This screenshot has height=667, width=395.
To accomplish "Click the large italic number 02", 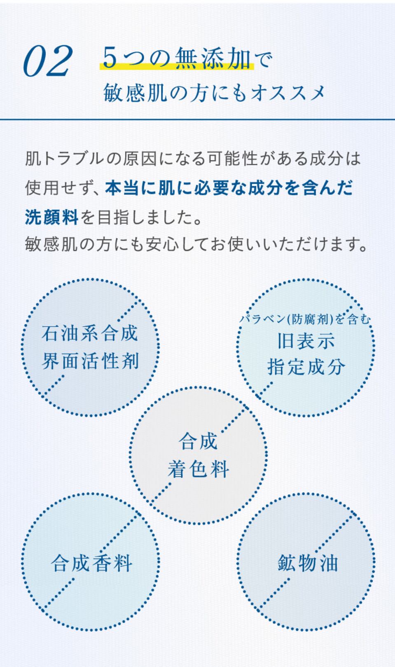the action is click(48, 61).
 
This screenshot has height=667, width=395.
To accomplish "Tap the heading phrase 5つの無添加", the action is click(177, 58).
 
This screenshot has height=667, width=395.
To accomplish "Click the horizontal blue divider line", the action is click(197, 120).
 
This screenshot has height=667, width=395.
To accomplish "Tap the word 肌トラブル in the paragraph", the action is click(64, 159).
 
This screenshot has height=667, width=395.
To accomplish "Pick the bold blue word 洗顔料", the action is click(51, 217).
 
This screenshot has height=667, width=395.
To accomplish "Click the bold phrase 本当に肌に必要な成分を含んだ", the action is click(229, 188).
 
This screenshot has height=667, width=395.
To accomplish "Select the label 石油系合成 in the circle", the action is click(90, 333).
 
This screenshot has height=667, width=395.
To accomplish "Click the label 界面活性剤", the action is click(90, 361).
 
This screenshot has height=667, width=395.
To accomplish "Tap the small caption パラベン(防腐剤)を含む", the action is click(305, 319).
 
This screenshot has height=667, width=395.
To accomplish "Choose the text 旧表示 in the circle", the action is click(306, 341).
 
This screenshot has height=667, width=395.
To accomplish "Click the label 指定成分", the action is click(306, 367).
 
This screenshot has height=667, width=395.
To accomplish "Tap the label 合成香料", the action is click(91, 564).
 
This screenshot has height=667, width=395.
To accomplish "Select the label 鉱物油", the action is click(308, 563).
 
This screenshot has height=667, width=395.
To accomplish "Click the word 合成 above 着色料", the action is click(198, 442).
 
